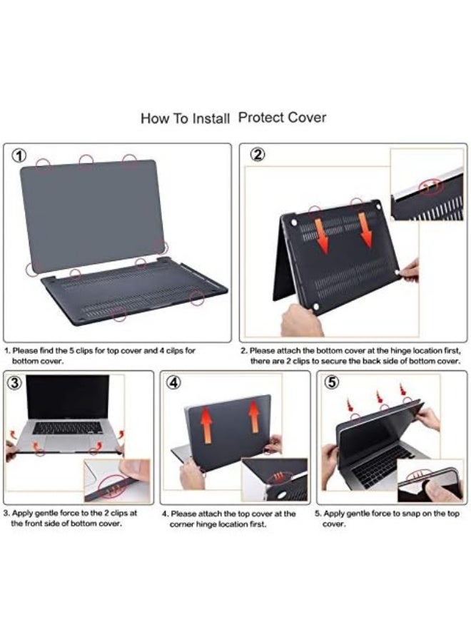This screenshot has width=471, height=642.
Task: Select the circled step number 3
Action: pyautogui.click(x=16, y=382)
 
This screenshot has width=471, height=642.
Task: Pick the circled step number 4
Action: pyautogui.click(x=173, y=382)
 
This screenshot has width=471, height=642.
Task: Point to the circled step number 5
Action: pyautogui.click(x=331, y=382)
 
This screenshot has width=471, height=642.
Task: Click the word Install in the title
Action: pyautogui.click(x=211, y=118)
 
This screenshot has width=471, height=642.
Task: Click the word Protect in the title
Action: pyautogui.click(x=260, y=117)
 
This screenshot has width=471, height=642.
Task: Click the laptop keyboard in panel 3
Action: pyautogui.click(x=68, y=428)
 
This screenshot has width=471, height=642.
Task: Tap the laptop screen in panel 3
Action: pyautogui.click(x=68, y=398)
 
